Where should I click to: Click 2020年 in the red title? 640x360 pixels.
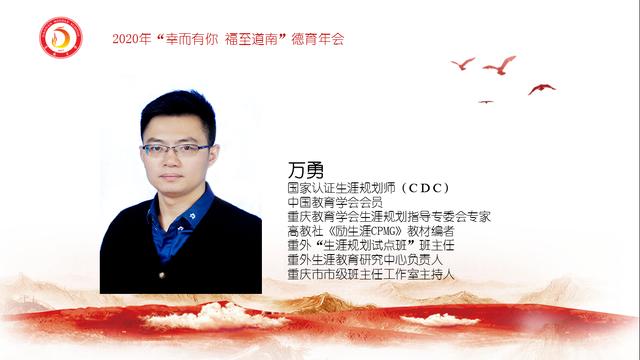coord(131,39)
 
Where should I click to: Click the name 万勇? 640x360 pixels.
coord(299,170)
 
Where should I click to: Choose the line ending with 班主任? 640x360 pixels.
coord(367,243)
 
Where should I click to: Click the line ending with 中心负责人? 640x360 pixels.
coord(372,257)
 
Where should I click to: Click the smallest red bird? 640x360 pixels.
coord(486,101)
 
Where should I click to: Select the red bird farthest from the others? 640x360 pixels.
coord(541,88)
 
